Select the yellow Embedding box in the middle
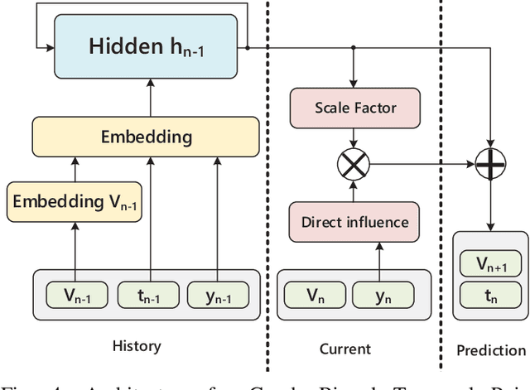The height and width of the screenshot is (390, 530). [146, 137]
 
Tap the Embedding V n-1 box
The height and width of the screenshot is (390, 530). [75, 203]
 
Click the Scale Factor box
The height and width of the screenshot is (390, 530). [355, 108]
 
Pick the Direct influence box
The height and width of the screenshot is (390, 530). [355, 222]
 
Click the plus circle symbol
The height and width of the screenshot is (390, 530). [489, 165]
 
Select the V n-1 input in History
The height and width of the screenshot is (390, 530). [75, 295]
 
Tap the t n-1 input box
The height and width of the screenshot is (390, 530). [149, 295]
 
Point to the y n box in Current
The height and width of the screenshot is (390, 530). [383, 296]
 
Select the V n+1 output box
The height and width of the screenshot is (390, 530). [490, 265]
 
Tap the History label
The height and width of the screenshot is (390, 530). [136, 346]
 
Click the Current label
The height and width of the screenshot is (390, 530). [345, 349]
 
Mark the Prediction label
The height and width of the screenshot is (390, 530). [491, 350]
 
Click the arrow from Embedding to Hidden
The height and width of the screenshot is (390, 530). [149, 96]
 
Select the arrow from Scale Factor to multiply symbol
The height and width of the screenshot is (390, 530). [354, 137]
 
